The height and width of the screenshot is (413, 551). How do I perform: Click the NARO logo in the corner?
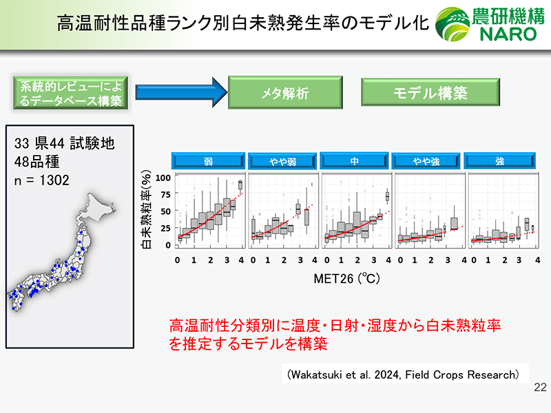490,24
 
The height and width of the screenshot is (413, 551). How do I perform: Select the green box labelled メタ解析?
285,92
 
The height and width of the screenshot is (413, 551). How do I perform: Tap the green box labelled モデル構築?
430,92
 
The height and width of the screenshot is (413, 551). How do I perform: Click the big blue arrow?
181,92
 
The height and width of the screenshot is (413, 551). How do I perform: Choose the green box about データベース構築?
70,93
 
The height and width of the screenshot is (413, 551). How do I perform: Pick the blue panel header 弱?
209,161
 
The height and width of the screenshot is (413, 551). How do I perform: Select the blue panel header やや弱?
282,161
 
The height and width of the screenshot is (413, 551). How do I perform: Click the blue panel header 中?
354,161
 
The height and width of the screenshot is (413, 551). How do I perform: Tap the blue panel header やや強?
426,161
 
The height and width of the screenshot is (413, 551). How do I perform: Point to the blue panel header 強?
500,161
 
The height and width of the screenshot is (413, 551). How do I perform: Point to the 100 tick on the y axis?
163,178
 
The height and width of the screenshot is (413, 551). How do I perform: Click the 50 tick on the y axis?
165,211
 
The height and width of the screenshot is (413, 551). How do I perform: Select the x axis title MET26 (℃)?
347,279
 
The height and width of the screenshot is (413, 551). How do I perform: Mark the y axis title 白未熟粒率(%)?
146,210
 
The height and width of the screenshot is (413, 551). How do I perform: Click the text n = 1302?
42,180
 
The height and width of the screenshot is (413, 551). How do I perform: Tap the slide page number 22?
540,387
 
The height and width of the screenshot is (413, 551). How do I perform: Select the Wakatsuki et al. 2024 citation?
403,374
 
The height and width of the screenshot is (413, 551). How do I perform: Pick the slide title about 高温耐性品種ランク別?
243,23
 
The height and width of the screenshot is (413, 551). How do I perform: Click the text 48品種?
37,162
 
